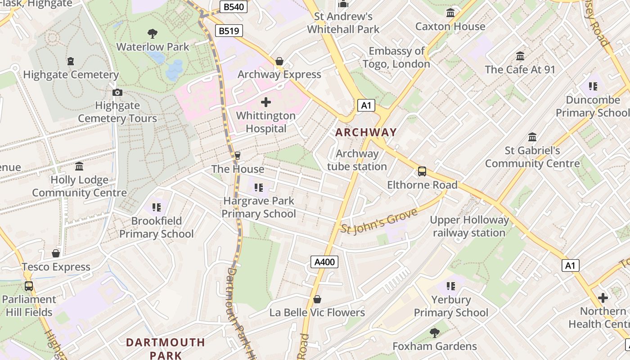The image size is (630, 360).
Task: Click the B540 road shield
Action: tap(234, 7)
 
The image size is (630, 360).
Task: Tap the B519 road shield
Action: tap(229, 31)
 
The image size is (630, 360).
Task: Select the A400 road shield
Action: tap(324, 262)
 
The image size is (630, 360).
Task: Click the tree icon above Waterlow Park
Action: tap(153, 33)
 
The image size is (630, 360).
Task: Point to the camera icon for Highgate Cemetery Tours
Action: tap(117, 93)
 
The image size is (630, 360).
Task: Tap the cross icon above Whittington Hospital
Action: tap(266, 102)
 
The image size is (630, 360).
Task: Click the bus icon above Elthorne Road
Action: tap(422, 171)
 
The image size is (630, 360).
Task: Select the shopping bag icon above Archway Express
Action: tap(279, 61)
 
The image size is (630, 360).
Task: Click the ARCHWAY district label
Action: tap(366, 132)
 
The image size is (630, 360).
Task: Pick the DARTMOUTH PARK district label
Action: tap(165, 349)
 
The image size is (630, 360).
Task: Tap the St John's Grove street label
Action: tap(379, 221)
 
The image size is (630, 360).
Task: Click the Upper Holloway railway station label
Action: tap(469, 226)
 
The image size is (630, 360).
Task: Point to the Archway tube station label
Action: tap(357, 160)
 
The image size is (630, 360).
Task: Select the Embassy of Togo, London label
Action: tap(396, 58)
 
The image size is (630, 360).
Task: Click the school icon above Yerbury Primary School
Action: tap(450, 286)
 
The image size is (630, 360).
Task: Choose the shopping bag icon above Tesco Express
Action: tap(56, 254)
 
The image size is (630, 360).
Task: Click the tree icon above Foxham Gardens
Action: tap(434, 333)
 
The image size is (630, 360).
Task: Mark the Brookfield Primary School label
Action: tap(156, 227)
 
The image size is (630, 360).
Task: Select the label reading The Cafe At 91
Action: tap(520, 69)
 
